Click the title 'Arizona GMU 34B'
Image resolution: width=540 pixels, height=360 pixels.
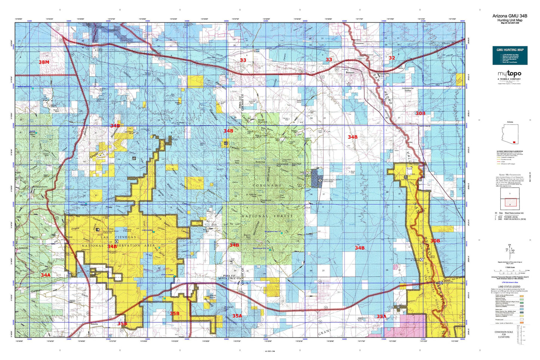[x=509, y=16]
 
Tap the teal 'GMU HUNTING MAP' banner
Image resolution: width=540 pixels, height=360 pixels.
[x=510, y=50]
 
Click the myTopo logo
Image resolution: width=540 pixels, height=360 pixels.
[x=509, y=74]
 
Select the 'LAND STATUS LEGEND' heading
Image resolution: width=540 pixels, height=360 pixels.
[x=509, y=286]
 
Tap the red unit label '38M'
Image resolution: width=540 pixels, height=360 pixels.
[x=44, y=62]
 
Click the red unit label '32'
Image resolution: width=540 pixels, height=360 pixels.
[x=392, y=58]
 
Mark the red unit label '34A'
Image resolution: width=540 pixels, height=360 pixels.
[x=46, y=275]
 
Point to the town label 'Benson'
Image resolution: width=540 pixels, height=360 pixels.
[x=350, y=73]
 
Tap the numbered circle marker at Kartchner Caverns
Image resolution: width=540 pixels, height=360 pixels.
[x=320, y=181]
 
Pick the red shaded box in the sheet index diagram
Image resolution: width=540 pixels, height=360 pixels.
[x=509, y=202]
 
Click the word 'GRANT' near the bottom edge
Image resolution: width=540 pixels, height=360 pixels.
[x=325, y=332]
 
